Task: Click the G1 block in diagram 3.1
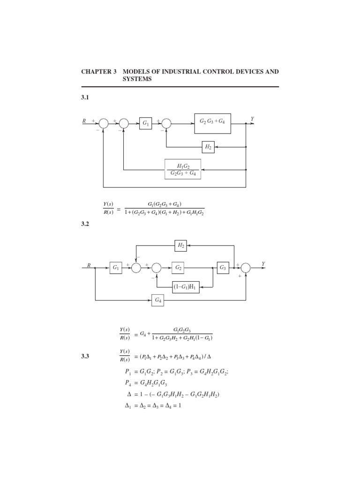tap(145, 123)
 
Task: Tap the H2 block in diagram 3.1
tap(208, 146)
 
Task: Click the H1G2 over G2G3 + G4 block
tap(182, 169)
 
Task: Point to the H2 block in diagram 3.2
tap(181, 244)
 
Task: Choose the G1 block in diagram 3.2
tap(116, 268)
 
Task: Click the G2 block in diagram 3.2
tap(178, 267)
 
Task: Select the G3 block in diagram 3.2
tap(223, 267)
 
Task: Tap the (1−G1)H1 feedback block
tap(186, 288)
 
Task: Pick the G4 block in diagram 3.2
tap(157, 300)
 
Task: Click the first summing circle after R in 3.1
tap(104, 123)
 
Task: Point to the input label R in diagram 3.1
tap(84, 121)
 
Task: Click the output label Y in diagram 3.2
tap(263, 264)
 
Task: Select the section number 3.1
tap(85, 98)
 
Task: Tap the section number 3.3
tap(85, 357)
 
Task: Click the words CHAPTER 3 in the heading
tap(99, 72)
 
